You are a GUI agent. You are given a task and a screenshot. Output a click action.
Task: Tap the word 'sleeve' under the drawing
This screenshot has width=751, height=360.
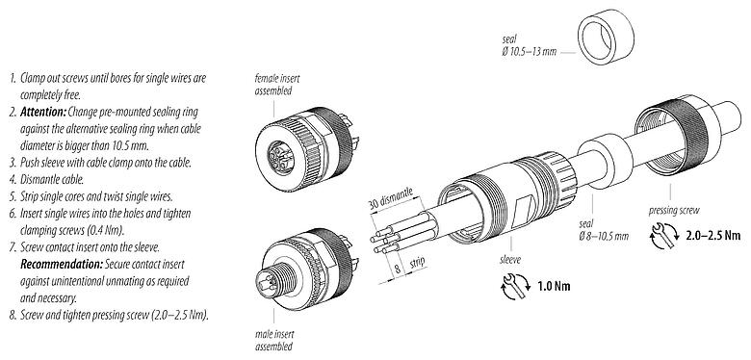coord(509,259)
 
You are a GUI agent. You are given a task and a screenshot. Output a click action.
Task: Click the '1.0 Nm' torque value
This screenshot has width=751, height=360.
coord(548,286)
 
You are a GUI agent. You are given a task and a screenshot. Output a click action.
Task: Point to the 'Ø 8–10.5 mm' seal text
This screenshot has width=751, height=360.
coord(607,235)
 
